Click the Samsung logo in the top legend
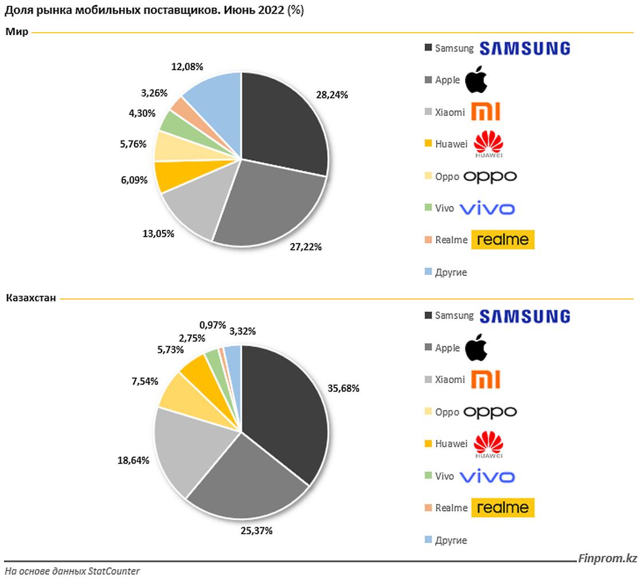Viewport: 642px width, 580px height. [524, 49]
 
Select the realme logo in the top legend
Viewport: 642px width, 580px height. [503, 239]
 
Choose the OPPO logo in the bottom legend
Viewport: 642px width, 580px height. [490, 412]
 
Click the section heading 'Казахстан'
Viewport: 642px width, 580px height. [31, 298]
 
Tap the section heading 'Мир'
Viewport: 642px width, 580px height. [17, 32]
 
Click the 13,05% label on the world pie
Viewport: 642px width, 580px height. [158, 233]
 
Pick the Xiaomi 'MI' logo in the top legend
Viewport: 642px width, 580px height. [485, 112]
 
